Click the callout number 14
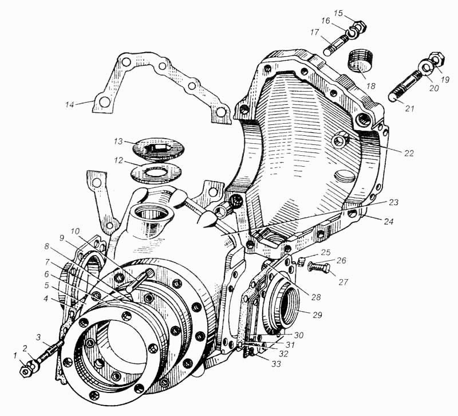(70, 104)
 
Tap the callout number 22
(408, 153)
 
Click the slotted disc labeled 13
(155, 147)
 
